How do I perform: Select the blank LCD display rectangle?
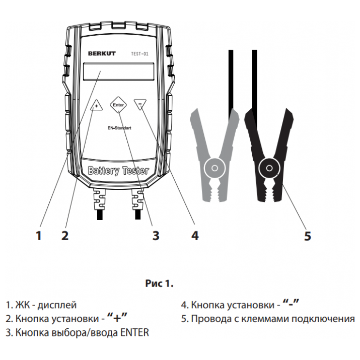(118, 72)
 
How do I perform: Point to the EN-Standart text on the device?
(119, 129)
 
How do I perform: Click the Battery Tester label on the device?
(118, 171)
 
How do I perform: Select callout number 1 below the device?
(38, 235)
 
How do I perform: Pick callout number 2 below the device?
(64, 235)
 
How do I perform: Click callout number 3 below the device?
(156, 235)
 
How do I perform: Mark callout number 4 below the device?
(194, 235)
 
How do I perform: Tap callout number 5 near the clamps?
(308, 235)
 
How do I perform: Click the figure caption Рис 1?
(159, 283)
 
